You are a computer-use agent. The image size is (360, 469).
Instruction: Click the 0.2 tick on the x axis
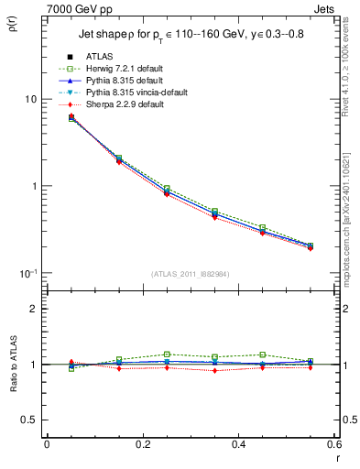click(143, 444)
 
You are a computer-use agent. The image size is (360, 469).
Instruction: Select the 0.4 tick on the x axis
click(238, 444)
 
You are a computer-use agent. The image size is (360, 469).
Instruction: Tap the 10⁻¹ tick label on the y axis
click(27, 273)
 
